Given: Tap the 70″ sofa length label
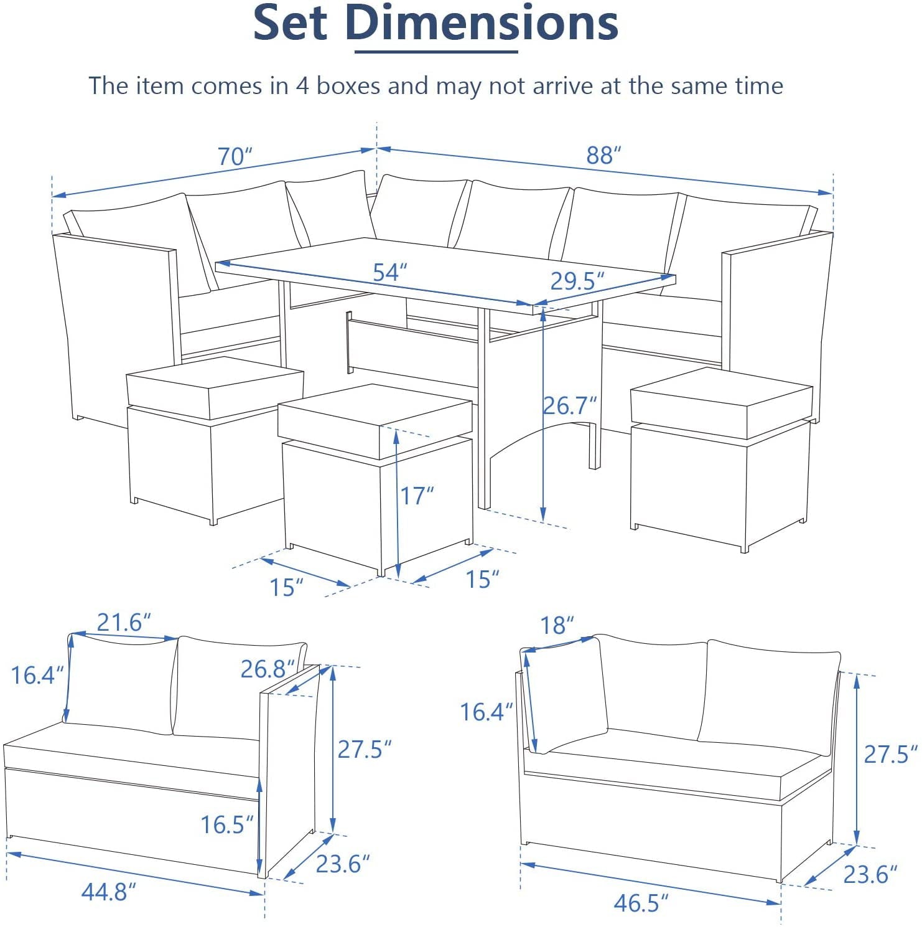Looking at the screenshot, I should click(235, 156).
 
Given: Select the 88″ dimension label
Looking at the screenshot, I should click(603, 155).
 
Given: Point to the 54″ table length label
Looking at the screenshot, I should click(389, 272).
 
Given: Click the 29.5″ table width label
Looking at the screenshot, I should click(577, 281).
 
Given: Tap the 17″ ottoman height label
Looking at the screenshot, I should click(416, 496).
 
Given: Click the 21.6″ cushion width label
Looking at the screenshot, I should click(124, 622).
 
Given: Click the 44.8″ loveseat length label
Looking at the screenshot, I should click(108, 892).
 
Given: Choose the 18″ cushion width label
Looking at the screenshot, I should click(557, 625).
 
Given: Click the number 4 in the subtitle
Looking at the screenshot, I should click(302, 85).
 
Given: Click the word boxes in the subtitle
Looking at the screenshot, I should click(348, 85).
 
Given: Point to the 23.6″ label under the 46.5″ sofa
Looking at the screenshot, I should click(870, 875).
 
